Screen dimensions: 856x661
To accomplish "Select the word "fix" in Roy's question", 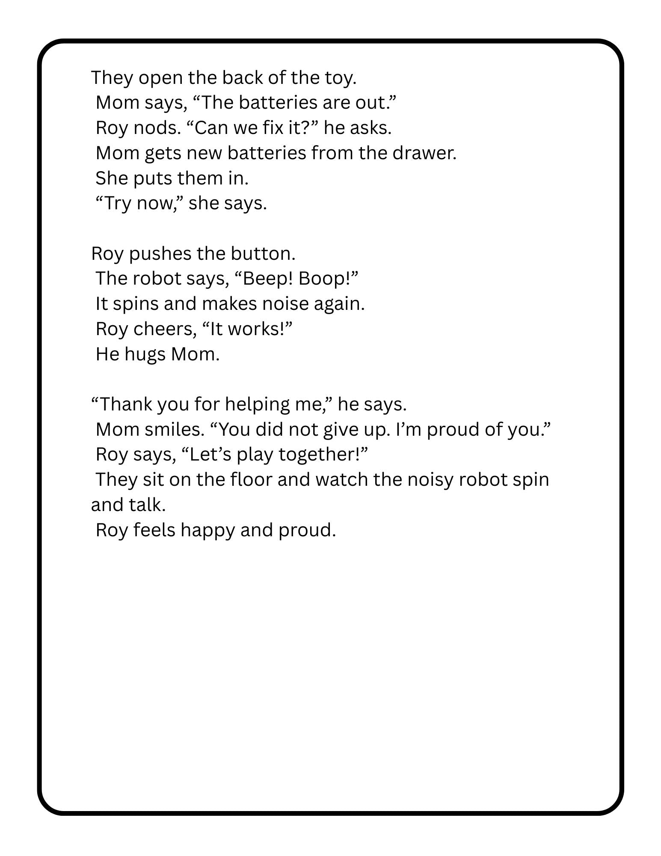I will [x=270, y=128].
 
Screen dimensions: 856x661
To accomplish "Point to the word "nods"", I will [x=157, y=128].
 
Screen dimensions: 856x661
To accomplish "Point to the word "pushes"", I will [x=160, y=253].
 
